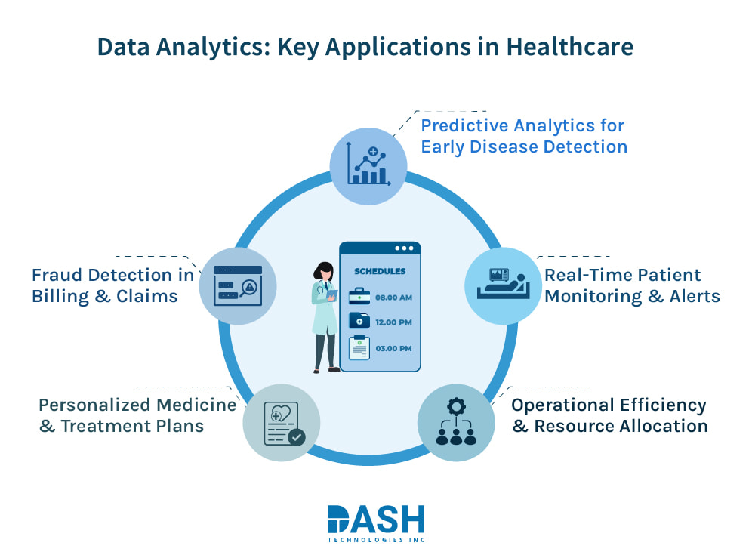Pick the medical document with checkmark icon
pyautogui.click(x=282, y=423)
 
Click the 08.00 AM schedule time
pyautogui.click(x=393, y=298)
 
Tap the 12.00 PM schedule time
pyautogui.click(x=393, y=322)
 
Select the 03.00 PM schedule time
pyautogui.click(x=393, y=348)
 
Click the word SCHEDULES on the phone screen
pyautogui.click(x=380, y=271)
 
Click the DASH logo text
pyautogui.click(x=376, y=520)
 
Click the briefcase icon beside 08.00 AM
pyautogui.click(x=359, y=297)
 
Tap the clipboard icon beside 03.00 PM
pyautogui.click(x=359, y=347)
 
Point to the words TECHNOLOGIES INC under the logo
pyautogui.click(x=375, y=540)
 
